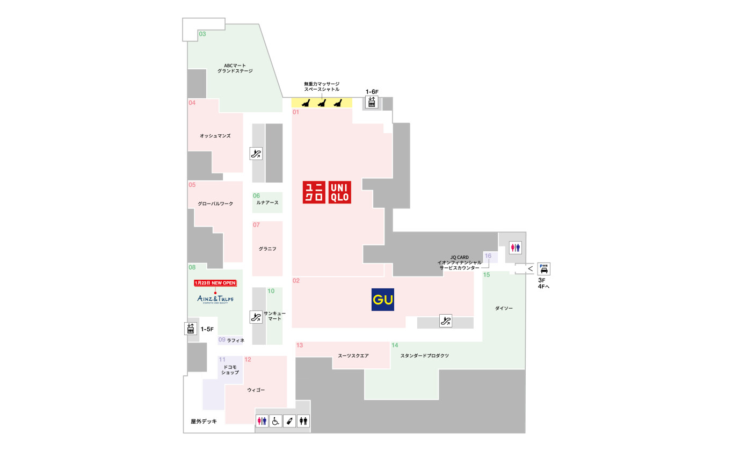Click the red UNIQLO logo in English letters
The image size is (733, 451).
point(339,191)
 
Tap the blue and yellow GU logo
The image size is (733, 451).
point(383,300)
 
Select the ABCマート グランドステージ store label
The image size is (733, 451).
point(235,68)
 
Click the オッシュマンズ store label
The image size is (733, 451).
point(215,136)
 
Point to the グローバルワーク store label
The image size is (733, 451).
point(215,203)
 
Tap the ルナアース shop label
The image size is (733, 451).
point(267,202)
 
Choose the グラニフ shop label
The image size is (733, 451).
point(267,249)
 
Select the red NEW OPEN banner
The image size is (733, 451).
point(215,283)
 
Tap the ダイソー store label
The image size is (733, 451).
point(504,308)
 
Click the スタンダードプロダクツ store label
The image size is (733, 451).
point(424,355)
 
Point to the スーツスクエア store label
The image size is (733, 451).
point(353,355)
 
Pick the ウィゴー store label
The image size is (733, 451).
point(256,390)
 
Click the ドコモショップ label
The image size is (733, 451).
point(230,369)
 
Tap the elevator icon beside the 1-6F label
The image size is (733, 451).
point(372,102)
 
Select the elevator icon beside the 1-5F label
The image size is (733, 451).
point(190,328)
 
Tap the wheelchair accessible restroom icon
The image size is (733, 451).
point(275,421)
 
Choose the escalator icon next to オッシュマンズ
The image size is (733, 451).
point(256,154)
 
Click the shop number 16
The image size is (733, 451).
point(488,256)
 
